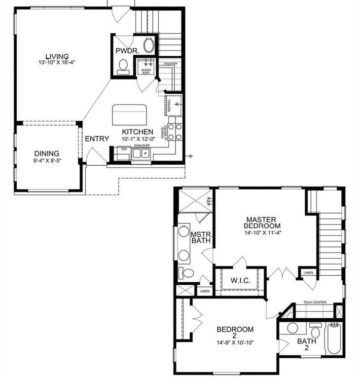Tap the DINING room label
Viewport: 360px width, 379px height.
(x=47, y=153)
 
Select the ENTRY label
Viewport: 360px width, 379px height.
(x=97, y=139)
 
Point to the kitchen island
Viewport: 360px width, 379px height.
(x=131, y=115)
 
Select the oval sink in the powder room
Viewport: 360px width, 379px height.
(x=148, y=46)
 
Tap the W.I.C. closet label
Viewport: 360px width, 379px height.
(x=240, y=281)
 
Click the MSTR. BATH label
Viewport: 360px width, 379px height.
(x=201, y=237)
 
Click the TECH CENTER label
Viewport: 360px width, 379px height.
(x=314, y=302)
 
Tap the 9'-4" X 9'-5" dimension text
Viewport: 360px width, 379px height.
(x=47, y=161)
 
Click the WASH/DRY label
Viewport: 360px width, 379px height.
(x=146, y=71)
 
